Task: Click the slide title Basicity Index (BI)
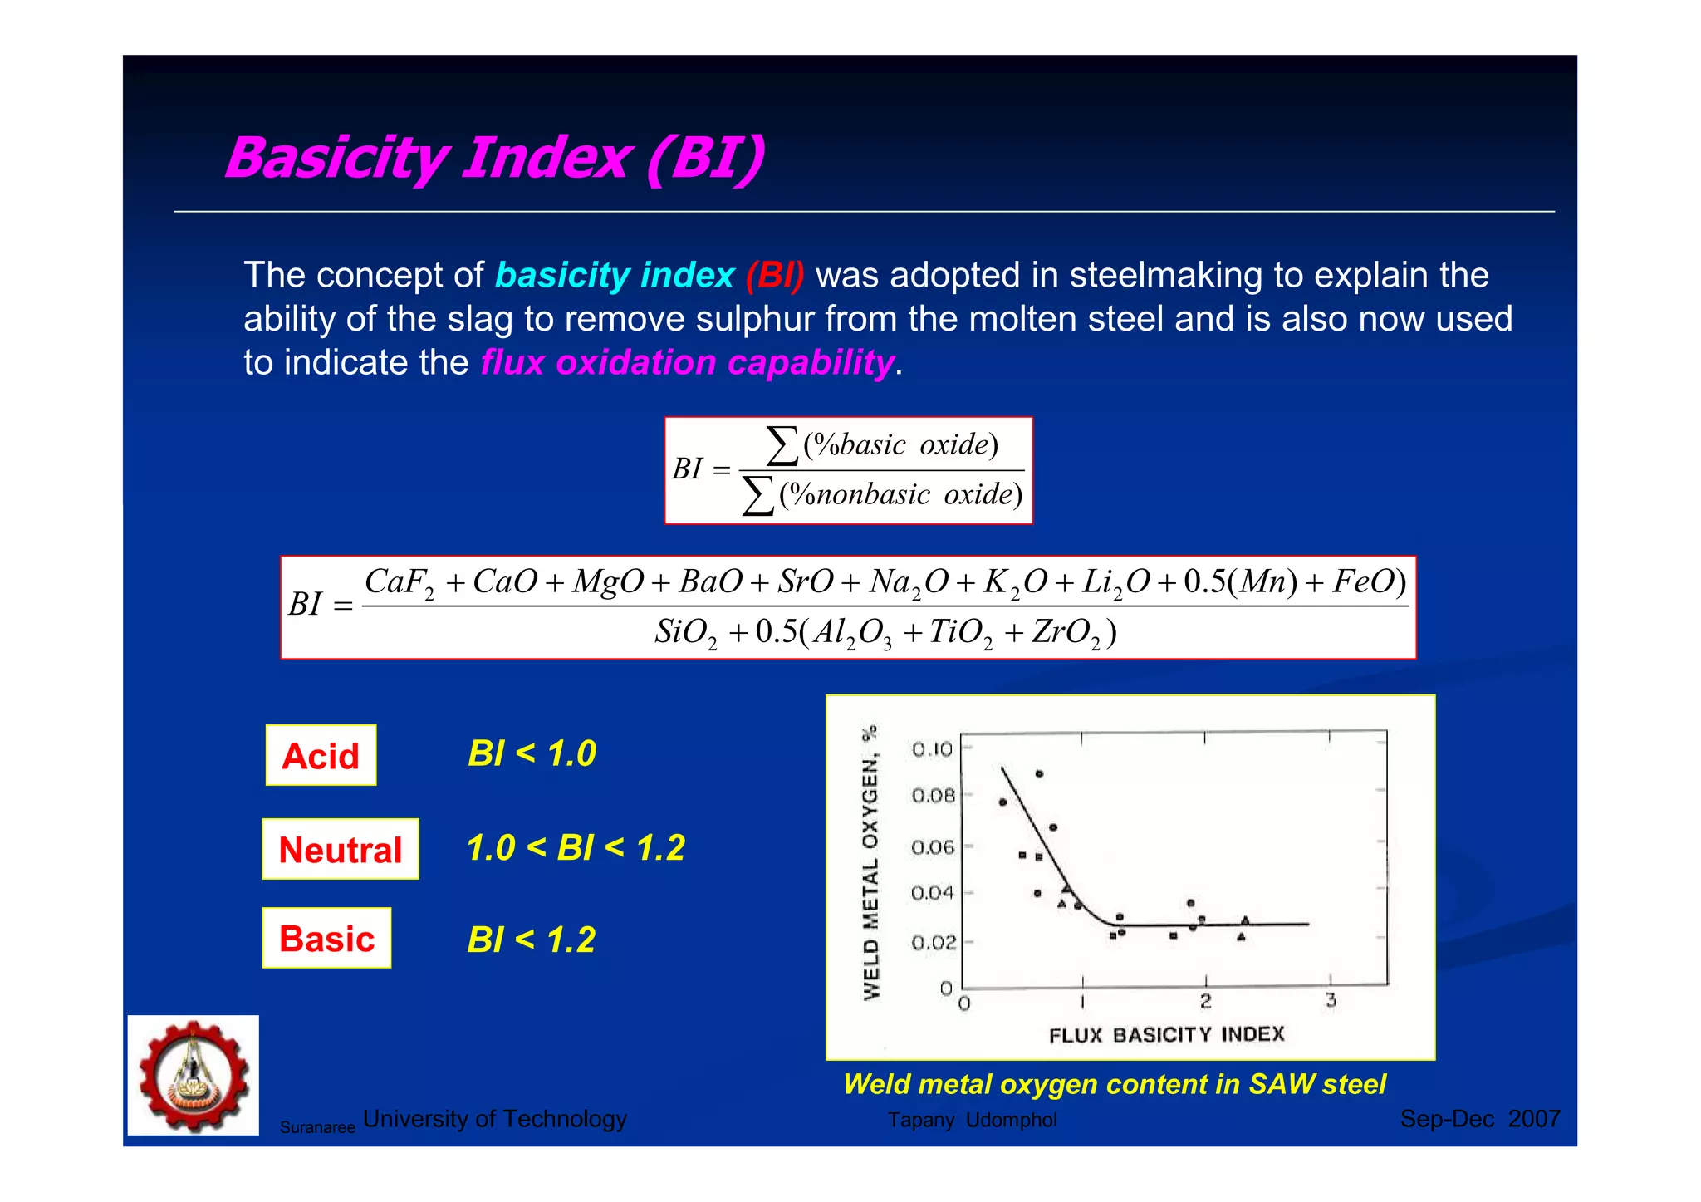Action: tap(495, 158)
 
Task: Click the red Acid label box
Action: tap(321, 756)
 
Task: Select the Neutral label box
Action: tap(341, 850)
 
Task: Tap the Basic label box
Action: tap(326, 939)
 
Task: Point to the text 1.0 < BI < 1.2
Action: tap(576, 848)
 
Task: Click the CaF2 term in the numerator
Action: tap(399, 582)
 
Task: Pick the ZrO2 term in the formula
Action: tap(1066, 633)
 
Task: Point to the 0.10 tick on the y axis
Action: tap(932, 749)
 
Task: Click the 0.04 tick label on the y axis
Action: tap(932, 894)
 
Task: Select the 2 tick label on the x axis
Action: tap(1205, 1002)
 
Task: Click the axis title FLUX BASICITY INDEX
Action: tap(1166, 1035)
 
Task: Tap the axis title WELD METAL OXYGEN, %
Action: tap(870, 863)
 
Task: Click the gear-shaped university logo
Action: tap(194, 1076)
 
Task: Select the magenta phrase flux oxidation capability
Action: tap(687, 363)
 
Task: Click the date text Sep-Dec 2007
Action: tap(1479, 1119)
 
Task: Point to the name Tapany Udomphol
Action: tap(972, 1121)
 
